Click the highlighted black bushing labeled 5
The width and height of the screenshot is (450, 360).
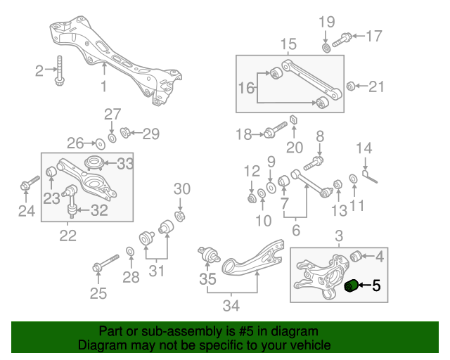pos(350,285)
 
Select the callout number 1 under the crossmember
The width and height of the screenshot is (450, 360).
pos(104,86)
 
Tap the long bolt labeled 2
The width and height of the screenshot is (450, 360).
pos(60,70)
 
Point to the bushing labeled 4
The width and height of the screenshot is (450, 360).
pos(356,256)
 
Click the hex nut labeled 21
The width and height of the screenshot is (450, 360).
pos(350,86)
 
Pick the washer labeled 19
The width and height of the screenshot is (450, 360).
pos(326,48)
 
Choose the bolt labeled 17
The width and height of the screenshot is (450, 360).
pos(342,40)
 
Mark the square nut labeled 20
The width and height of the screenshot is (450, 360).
pos(293,119)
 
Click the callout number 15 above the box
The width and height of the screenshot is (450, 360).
pos(288,44)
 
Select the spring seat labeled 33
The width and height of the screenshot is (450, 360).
pos(94,164)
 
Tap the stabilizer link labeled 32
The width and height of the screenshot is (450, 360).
pos(72,201)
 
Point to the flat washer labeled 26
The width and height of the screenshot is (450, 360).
pos(100,144)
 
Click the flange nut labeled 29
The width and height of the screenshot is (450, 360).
pos(125,132)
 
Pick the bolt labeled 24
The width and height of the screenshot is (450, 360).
pos(30,183)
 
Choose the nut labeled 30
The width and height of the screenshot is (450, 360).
pos(180,216)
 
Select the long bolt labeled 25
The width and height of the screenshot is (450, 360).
pos(105,263)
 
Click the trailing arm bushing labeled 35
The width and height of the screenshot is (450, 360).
pos(209,255)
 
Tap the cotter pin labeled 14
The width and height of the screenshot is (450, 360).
pos(370,176)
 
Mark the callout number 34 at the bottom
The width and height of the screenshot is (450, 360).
pos(231,305)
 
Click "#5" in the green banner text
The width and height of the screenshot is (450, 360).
pos(246,331)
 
